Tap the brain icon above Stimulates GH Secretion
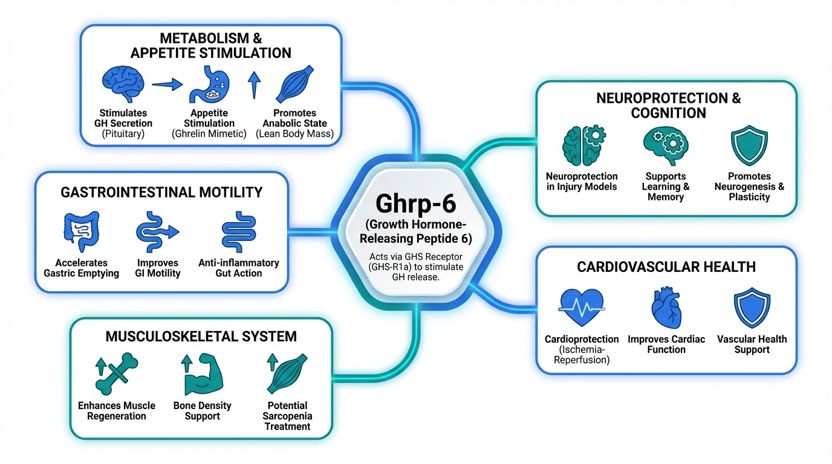click(123, 84)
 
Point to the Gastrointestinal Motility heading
click(161, 192)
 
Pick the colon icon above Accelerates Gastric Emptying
click(81, 231)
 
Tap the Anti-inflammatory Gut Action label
click(238, 268)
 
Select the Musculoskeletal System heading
click(201, 336)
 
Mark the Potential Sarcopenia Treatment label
click(287, 416)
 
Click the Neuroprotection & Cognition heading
click(668, 105)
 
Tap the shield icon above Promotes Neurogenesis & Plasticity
click(749, 147)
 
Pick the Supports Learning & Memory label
click(666, 186)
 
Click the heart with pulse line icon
click(582, 308)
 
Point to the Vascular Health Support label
click(752, 344)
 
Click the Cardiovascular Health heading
click(666, 266)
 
